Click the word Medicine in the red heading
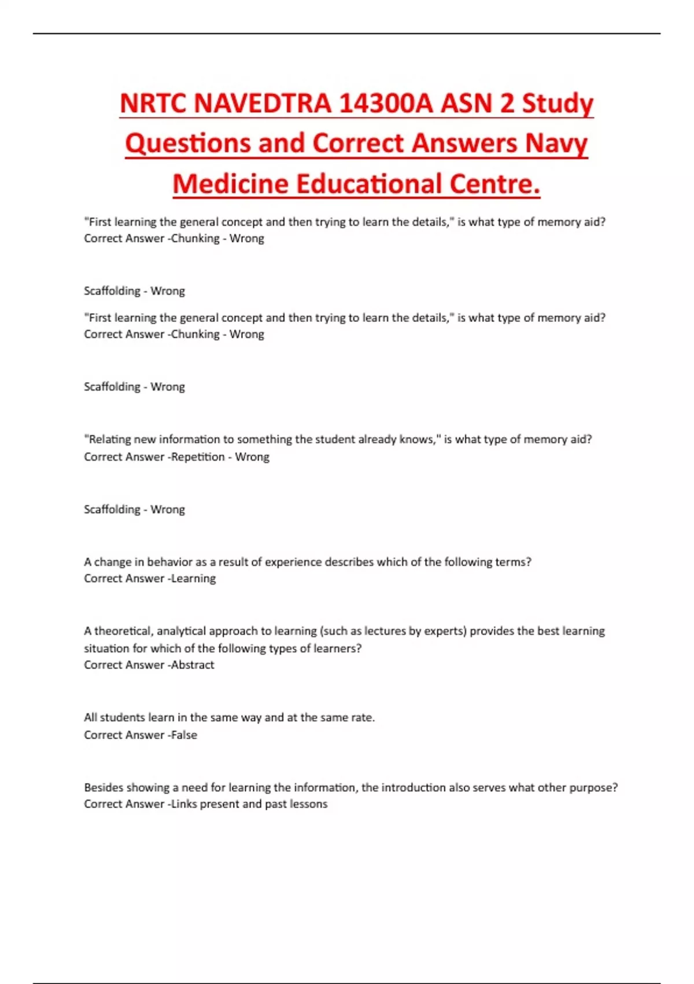pos(231,184)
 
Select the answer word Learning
pos(193,578)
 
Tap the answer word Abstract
pos(193,665)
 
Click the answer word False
pos(184,735)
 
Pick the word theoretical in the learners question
pos(123,631)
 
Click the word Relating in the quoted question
pos(110,439)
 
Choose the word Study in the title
pos(558,104)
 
